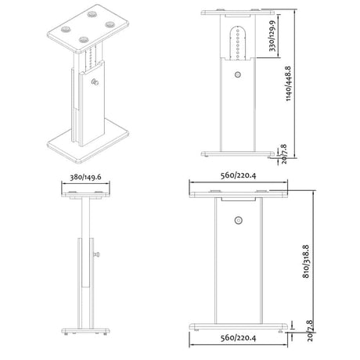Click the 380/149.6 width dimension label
pos(85,177)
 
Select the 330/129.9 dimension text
pos(272,36)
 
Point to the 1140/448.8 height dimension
pos(288,84)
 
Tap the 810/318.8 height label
pos(306,261)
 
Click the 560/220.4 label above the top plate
pos(238,175)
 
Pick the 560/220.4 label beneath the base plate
pos(238,338)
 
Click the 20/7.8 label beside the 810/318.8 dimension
pos(310,331)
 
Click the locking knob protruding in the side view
pos(97,254)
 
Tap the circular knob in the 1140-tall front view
pos(237,74)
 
